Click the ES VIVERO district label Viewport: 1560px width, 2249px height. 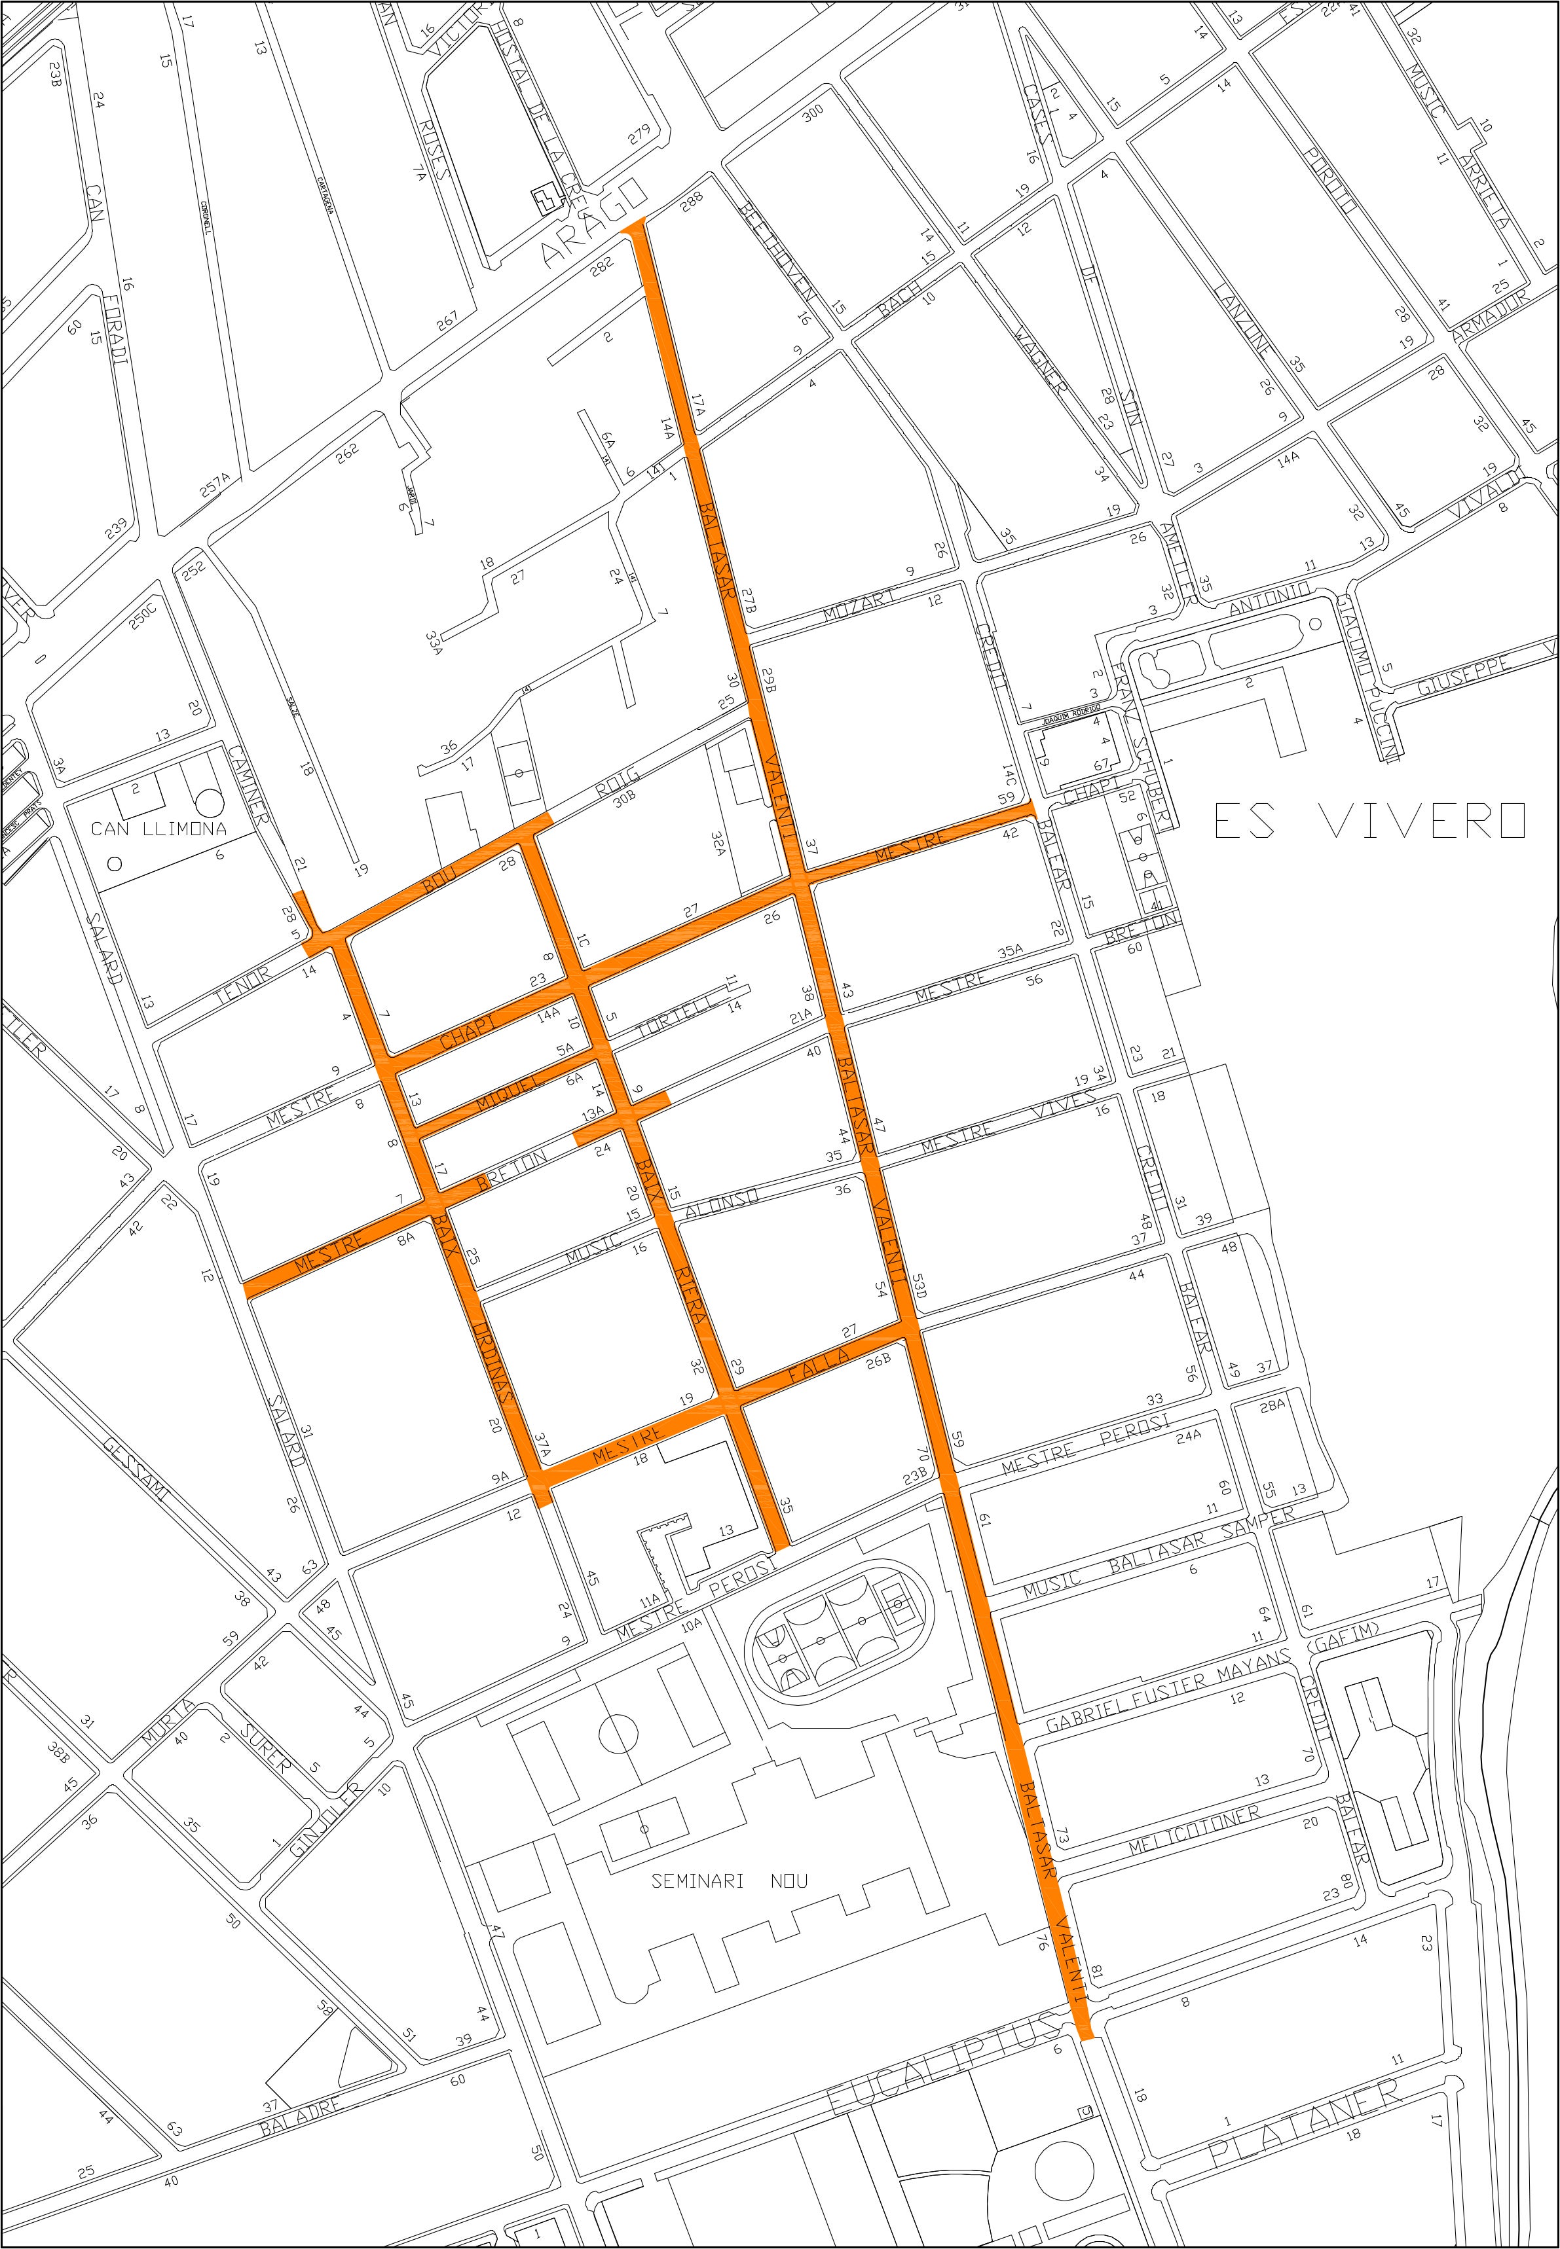pyautogui.click(x=1368, y=821)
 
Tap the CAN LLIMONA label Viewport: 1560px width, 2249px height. pyautogui.click(x=158, y=829)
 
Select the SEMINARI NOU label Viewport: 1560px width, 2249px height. pyautogui.click(x=729, y=1880)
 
